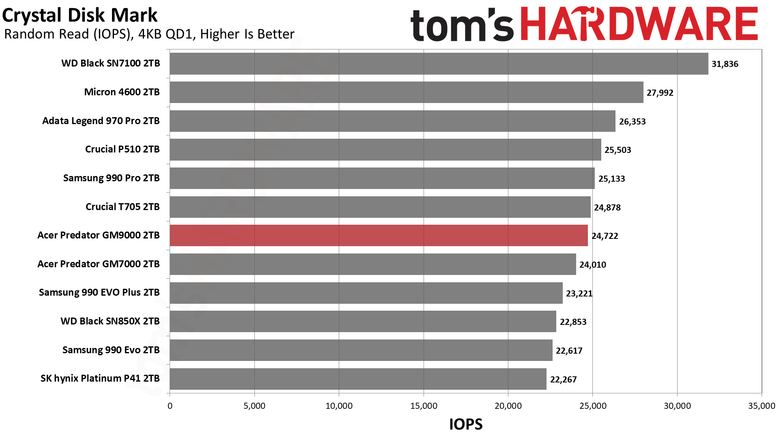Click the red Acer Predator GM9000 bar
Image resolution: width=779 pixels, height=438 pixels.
click(379, 236)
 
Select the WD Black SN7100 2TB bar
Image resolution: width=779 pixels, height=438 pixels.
click(439, 64)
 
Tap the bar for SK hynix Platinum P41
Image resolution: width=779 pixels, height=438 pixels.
click(358, 379)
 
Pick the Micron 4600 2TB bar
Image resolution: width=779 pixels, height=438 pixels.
click(406, 92)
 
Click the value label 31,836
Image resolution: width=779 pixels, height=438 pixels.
click(725, 64)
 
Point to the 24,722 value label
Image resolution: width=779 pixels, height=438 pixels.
click(605, 236)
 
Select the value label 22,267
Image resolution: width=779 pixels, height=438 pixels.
click(563, 380)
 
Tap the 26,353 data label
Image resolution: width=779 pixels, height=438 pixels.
click(632, 122)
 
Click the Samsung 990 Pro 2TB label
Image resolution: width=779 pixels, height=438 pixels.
click(111, 178)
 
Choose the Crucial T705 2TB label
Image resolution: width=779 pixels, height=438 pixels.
click(123, 207)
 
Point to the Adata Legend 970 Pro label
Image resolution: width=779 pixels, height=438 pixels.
click(101, 121)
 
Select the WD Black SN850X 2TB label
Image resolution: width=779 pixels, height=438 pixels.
click(110, 321)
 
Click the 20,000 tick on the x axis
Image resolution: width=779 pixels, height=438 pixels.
click(508, 406)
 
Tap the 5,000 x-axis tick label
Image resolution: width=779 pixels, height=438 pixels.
click(254, 406)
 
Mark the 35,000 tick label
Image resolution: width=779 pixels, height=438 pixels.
click(761, 406)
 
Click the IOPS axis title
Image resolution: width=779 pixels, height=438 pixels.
click(466, 424)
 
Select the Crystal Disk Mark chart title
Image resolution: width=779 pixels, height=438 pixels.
click(80, 15)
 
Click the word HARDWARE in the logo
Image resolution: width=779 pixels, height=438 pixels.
click(639, 24)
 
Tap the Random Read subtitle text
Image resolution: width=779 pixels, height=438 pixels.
click(149, 34)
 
